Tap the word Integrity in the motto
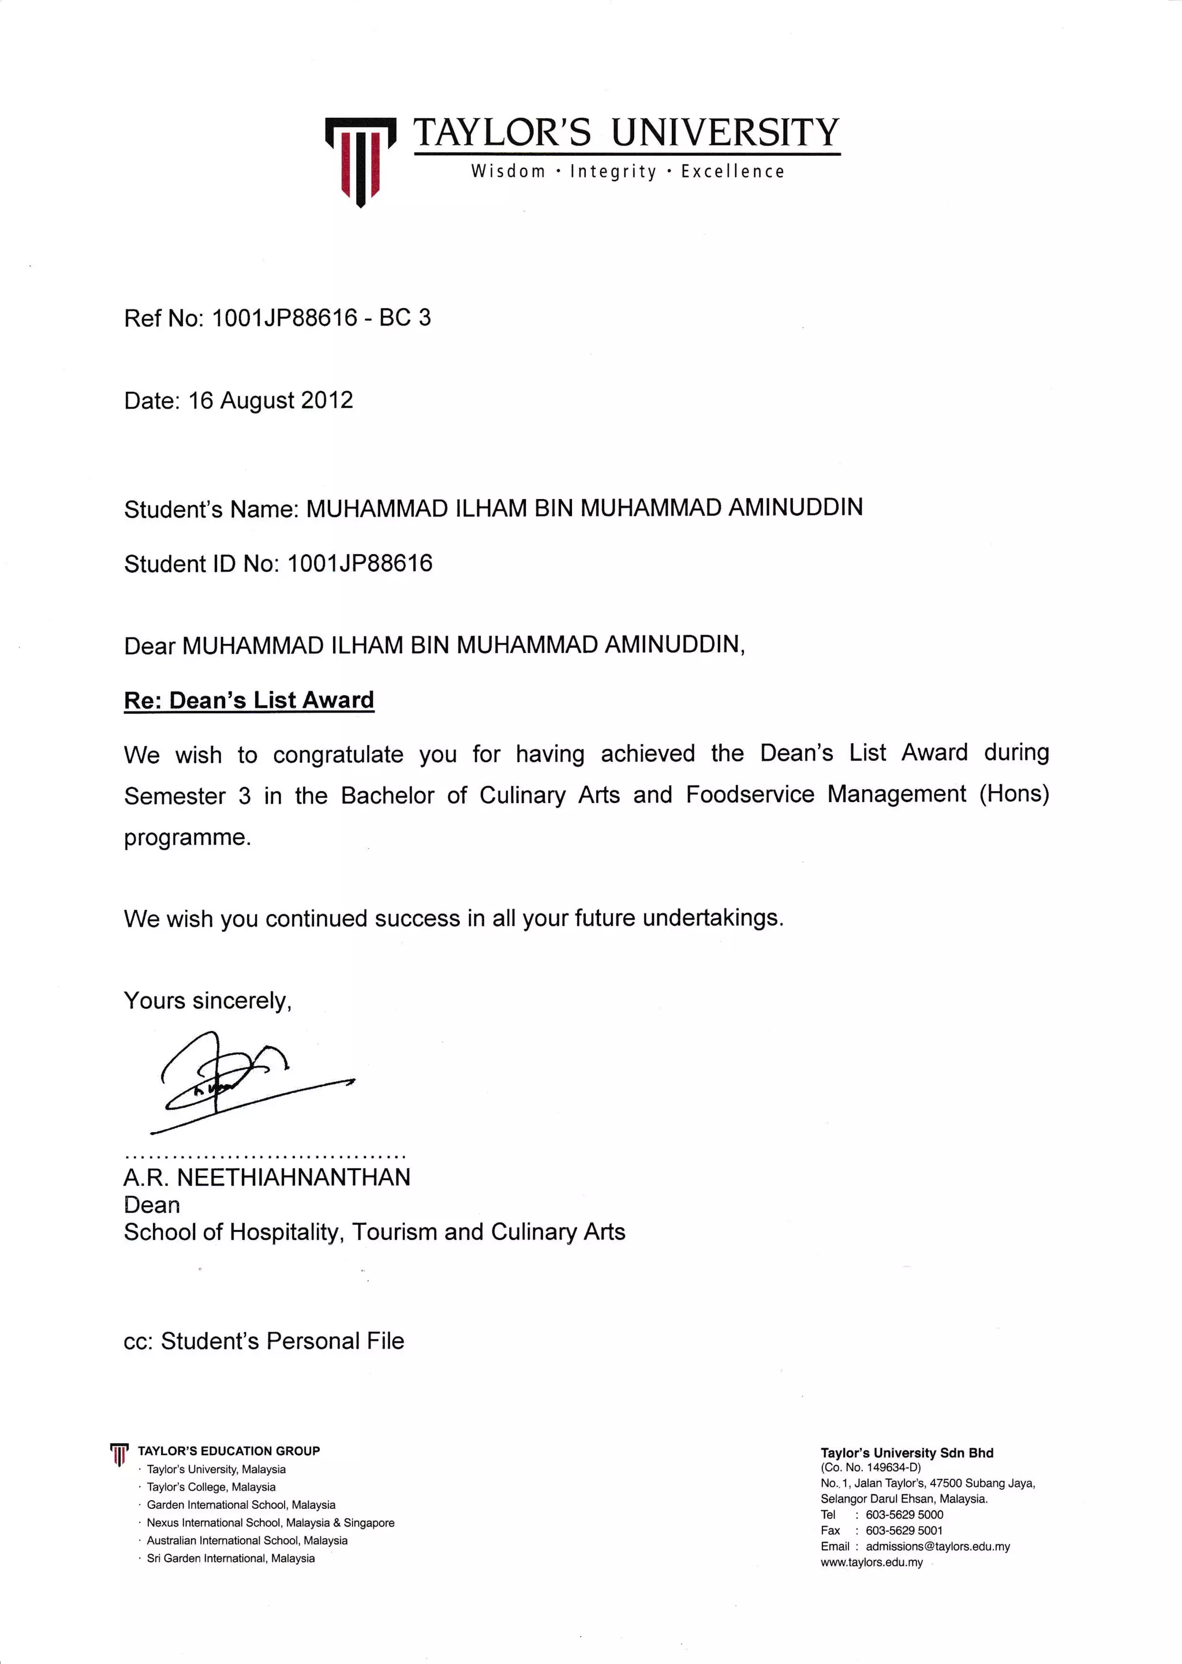pos(613,172)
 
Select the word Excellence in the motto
pos(732,172)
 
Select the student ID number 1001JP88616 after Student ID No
pos(360,563)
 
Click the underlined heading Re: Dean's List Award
pos(249,700)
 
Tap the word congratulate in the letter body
pos(338,755)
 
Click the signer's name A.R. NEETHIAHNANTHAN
pos(267,1176)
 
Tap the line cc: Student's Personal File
pos(264,1341)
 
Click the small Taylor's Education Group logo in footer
pos(119,1454)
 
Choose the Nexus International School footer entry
pos(270,1522)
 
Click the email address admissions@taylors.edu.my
pos(937,1546)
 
